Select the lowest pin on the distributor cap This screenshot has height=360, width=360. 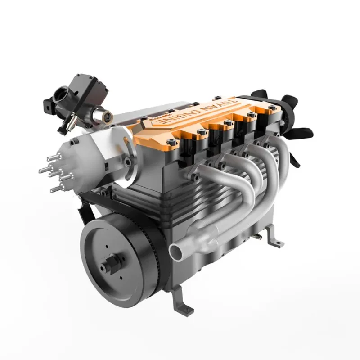[x=56, y=189]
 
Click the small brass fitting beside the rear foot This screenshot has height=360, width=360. [x=256, y=235]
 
